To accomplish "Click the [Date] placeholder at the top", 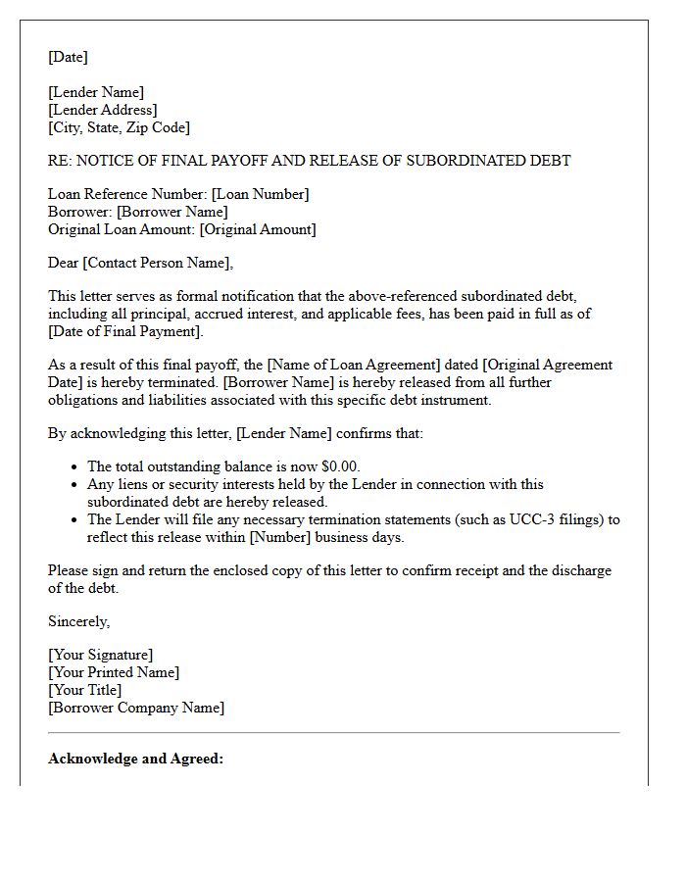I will [x=68, y=57].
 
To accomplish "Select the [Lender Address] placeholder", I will [x=102, y=110].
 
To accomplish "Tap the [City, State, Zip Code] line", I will [x=119, y=127].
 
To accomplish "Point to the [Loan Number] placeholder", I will [x=260, y=194].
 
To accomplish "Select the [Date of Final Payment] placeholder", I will [x=125, y=331].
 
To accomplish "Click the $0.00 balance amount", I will [x=341, y=466].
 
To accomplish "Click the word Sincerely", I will [x=78, y=621].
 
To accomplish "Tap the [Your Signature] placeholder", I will [x=100, y=655].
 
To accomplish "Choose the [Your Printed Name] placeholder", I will [x=114, y=672].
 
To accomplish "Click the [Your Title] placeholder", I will [x=84, y=690].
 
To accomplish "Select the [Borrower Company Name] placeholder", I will [x=136, y=708].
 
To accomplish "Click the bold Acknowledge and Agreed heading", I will [x=135, y=759].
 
